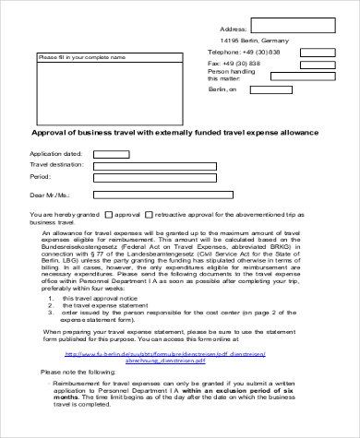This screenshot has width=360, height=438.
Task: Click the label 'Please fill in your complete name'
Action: tap(81, 57)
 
